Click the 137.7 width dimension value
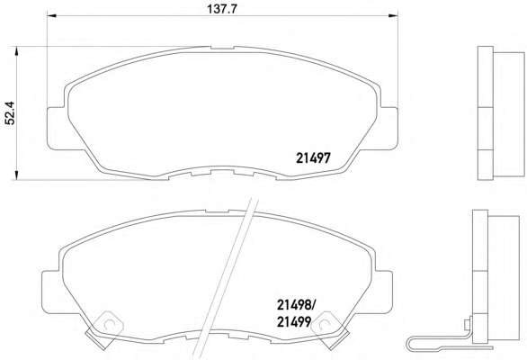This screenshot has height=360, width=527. pos(222,9)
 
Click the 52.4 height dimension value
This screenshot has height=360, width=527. pos(10,112)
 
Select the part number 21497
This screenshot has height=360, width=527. pos(313,157)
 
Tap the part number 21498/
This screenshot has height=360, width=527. pos(296,305)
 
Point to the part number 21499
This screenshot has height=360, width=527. pos(294,322)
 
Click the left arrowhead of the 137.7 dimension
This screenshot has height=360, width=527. pos(51,15)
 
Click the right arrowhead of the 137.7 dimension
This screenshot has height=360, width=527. pos(393,15)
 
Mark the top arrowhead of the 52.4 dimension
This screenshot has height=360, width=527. pos(16,51)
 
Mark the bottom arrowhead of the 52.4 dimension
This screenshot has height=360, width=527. pos(16,175)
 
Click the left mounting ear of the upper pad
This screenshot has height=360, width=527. pos(58,129)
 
